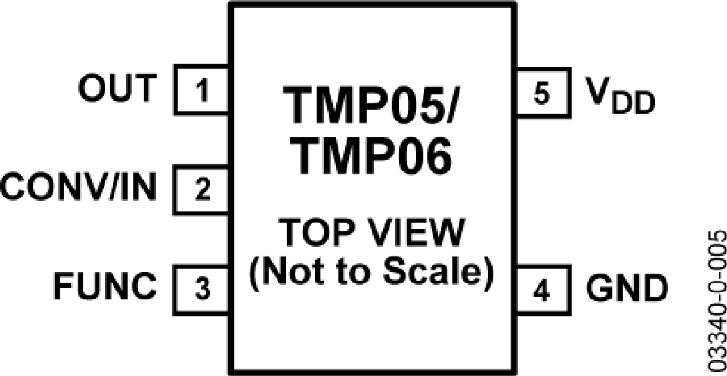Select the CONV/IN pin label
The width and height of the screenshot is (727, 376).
point(78,187)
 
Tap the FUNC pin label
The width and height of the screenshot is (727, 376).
point(104,287)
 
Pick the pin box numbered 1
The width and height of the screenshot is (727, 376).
point(200,90)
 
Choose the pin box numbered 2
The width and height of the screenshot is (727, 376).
point(200,190)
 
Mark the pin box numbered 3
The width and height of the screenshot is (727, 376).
point(200,290)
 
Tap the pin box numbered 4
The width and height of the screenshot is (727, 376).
point(543,291)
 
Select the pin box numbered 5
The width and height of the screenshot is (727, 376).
point(543,91)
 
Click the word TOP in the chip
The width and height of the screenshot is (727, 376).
point(311,232)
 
